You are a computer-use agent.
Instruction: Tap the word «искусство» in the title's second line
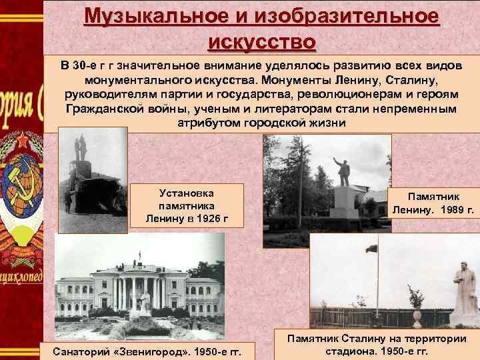(x=261, y=41)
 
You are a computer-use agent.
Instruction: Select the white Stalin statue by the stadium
(x=459, y=287)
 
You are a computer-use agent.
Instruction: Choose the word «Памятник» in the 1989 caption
(x=433, y=197)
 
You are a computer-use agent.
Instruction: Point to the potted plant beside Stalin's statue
(x=417, y=303)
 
